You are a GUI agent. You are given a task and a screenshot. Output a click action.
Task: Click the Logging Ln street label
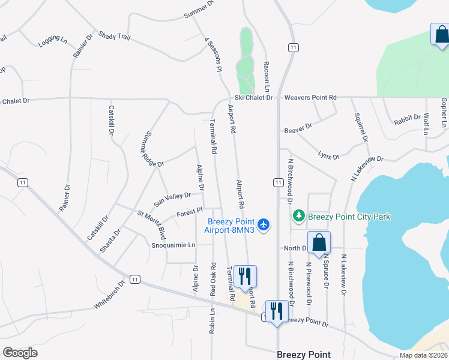[x=53, y=40]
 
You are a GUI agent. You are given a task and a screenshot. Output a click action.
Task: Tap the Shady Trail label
[x=114, y=37]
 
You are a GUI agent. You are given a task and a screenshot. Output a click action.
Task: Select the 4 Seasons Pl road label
[x=213, y=55]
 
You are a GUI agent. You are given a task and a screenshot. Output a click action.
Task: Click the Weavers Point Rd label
[x=310, y=97]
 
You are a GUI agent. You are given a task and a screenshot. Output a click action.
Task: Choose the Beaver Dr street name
[x=298, y=127]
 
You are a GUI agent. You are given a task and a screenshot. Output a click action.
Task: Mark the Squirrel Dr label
[x=360, y=127]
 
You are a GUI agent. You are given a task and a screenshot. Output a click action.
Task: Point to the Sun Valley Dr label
[x=172, y=196]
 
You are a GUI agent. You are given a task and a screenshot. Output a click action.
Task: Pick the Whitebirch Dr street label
[x=109, y=295]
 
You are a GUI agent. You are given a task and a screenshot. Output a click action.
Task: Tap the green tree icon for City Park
[x=298, y=215]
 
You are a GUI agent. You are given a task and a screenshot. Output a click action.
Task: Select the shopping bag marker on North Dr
[x=319, y=244]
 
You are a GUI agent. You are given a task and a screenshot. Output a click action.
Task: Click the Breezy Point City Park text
[x=349, y=216]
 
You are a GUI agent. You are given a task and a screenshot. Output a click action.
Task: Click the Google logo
[x=20, y=353]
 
